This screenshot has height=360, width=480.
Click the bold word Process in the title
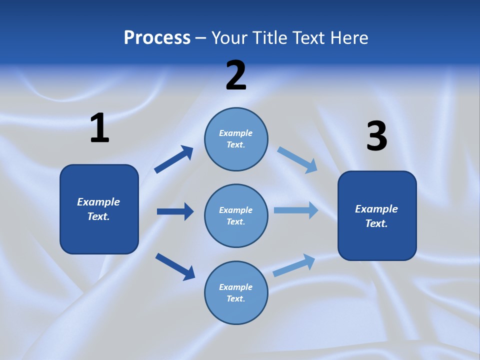157,38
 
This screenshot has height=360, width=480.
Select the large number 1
99,128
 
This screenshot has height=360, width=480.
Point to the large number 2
236,75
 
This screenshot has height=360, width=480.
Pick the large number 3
376,136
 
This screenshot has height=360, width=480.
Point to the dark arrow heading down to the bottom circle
175,266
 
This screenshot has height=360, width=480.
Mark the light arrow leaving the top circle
297,160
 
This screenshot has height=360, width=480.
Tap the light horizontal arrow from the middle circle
295,210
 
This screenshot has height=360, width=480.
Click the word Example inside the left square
98,202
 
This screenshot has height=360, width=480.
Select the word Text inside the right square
376,223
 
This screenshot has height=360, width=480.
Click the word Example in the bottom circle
235,287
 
